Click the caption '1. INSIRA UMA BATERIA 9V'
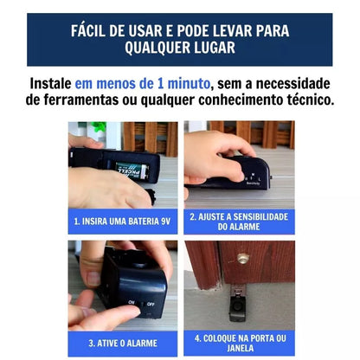click(x=123, y=221)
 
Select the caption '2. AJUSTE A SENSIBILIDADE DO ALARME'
click(x=239, y=221)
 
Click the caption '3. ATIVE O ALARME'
click(x=123, y=343)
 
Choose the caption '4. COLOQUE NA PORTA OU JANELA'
click(x=239, y=343)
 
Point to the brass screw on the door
click(x=242, y=257)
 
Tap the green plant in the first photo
click(x=100, y=129)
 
